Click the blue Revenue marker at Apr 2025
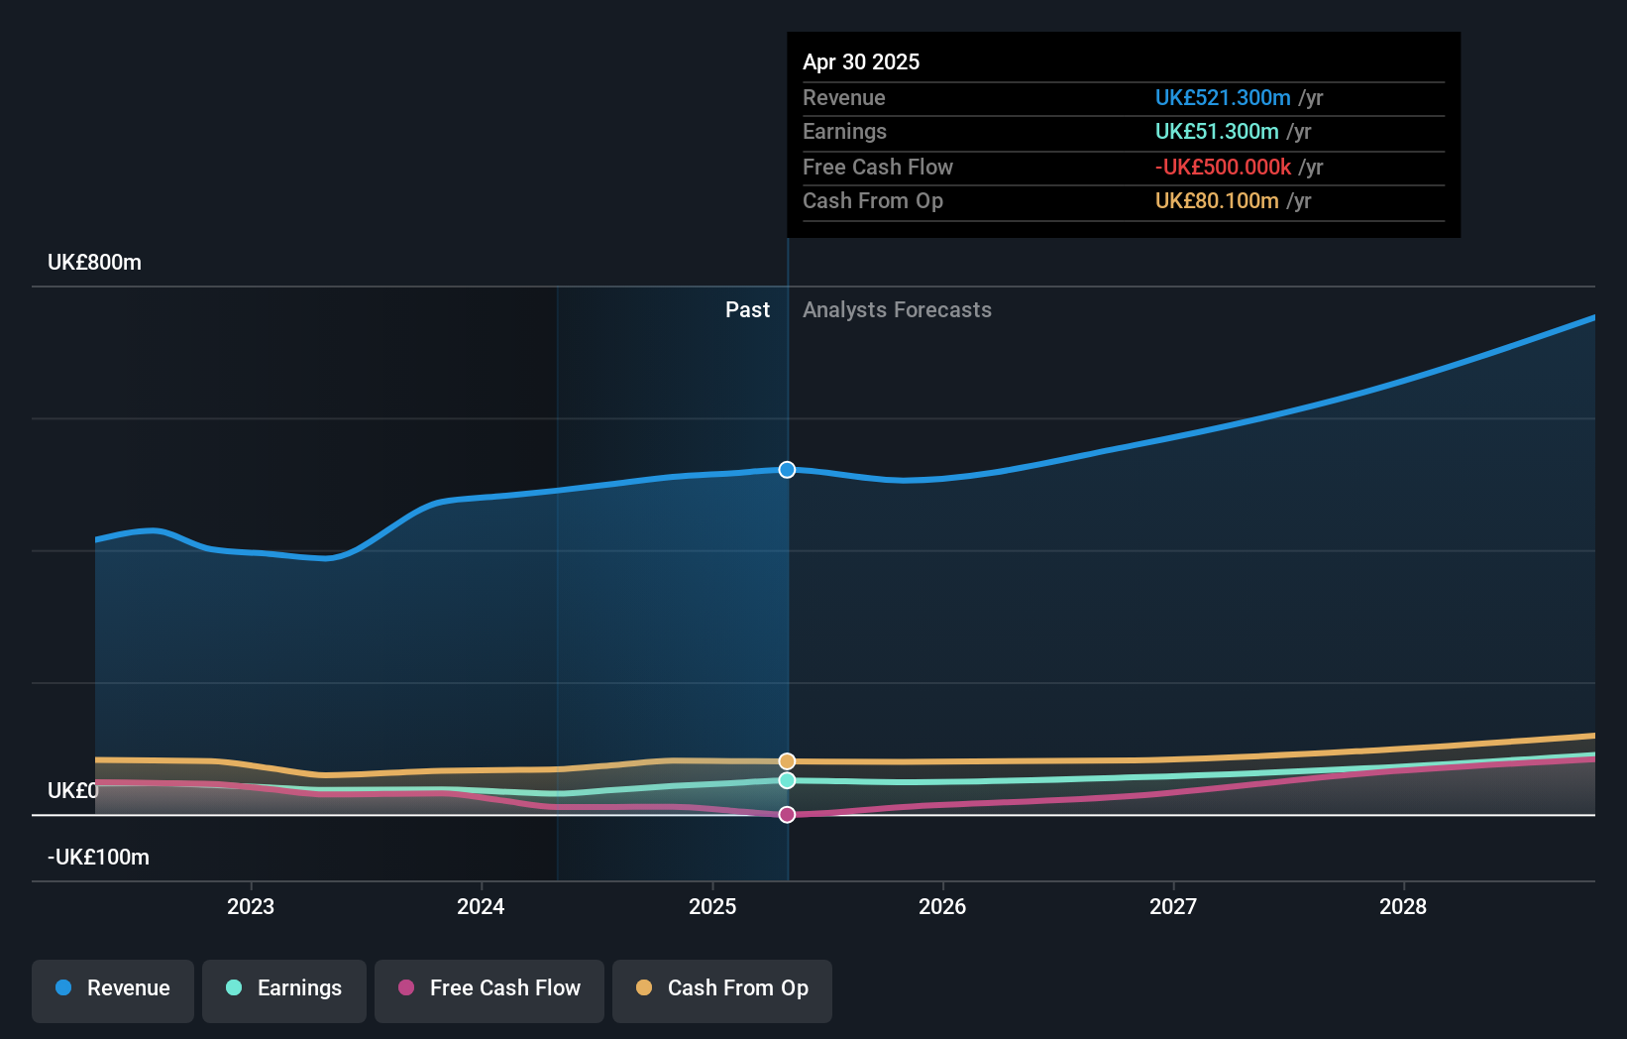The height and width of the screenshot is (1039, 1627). tap(787, 470)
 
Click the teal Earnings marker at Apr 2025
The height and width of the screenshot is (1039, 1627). tap(787, 781)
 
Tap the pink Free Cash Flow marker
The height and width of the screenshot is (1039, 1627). tap(787, 815)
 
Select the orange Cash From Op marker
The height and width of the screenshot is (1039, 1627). tap(787, 761)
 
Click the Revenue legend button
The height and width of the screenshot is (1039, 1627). tap(113, 989)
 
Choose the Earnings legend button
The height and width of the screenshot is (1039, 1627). tap(284, 989)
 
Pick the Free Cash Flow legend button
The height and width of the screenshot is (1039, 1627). tap(489, 989)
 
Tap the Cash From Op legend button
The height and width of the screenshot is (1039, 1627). tap(722, 989)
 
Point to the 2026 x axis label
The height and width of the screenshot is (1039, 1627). tap(942, 906)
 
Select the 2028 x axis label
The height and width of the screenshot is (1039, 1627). tap(1403, 906)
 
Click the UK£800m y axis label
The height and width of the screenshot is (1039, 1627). tap(94, 263)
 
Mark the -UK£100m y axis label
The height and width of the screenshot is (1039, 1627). tap(98, 858)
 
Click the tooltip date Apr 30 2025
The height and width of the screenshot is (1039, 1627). tap(861, 61)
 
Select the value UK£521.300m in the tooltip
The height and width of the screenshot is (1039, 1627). tap(1223, 98)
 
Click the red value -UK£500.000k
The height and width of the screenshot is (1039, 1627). tap(1223, 168)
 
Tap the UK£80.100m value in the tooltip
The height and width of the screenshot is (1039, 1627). tap(1217, 201)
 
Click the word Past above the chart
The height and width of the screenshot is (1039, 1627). tap(747, 310)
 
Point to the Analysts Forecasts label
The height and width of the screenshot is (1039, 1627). tap(897, 310)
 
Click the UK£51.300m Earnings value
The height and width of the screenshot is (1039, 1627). tap(1217, 132)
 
